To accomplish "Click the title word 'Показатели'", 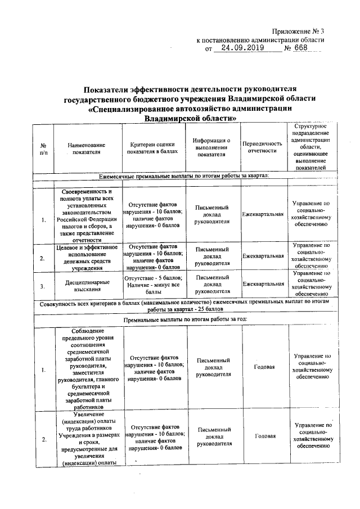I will (105, 89).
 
